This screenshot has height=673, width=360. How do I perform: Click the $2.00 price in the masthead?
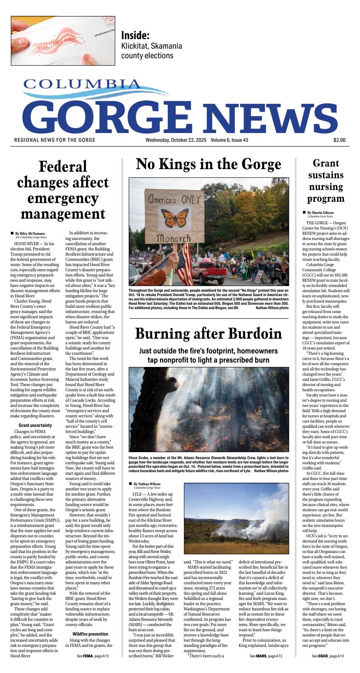click(x=340, y=140)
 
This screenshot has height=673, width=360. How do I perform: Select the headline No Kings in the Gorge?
click(x=208, y=165)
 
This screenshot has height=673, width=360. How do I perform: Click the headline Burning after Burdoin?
click(x=208, y=333)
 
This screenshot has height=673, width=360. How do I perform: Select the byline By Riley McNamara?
click(x=30, y=233)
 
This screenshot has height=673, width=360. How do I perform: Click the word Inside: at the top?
click(x=135, y=35)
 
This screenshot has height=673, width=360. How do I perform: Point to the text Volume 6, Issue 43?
click(x=236, y=140)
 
